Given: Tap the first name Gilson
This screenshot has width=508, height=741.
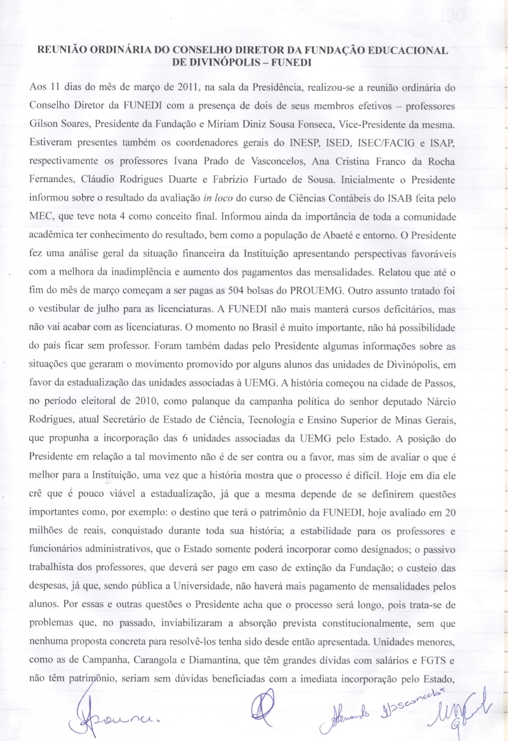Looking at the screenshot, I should tap(44, 120).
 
